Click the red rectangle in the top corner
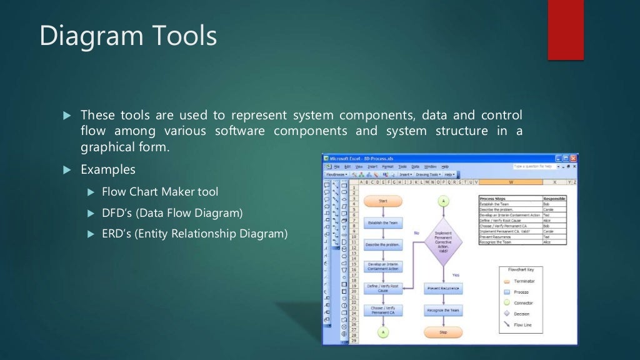565,29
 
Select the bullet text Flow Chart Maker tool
160,192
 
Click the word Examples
107,170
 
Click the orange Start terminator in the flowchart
383,201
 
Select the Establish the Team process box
383,223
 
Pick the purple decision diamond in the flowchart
443,241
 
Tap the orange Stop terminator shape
443,332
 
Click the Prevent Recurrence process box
443,289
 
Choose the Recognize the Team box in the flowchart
443,310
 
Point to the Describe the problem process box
383,245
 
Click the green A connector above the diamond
443,201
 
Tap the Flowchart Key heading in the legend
521,270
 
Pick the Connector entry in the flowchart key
523,303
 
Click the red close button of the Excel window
573,159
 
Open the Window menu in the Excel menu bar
431,167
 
